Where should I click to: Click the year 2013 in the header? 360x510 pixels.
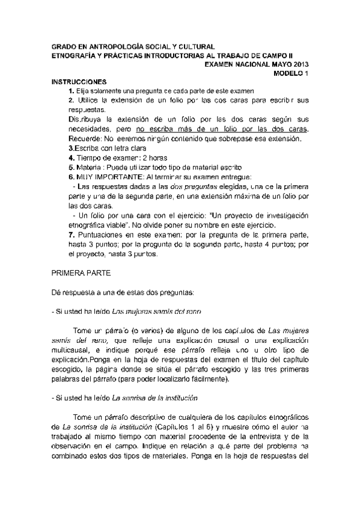click(x=299, y=63)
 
